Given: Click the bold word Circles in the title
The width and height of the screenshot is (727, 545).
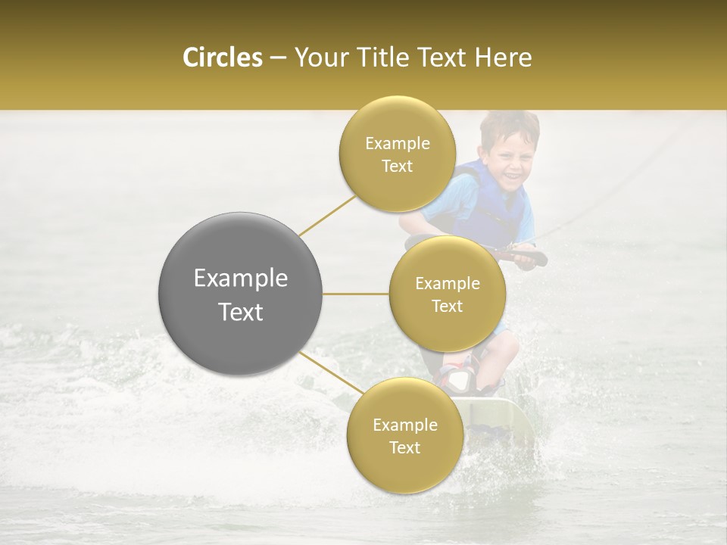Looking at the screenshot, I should point(222,58).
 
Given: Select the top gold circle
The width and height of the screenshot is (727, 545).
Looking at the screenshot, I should point(397,154).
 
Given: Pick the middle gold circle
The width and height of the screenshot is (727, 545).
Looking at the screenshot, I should point(447,294).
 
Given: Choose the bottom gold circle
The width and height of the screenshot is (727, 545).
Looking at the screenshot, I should point(404,436).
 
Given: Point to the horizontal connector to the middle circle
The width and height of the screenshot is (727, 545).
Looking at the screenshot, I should point(356,294).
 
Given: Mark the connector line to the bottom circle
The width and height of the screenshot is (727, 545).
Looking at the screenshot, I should point(328,372).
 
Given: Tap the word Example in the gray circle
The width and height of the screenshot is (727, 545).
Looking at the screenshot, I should point(241,279).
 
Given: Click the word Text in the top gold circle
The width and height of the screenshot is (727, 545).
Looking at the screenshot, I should point(397,167).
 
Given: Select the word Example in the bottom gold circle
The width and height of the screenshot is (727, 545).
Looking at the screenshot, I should point(404,425).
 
